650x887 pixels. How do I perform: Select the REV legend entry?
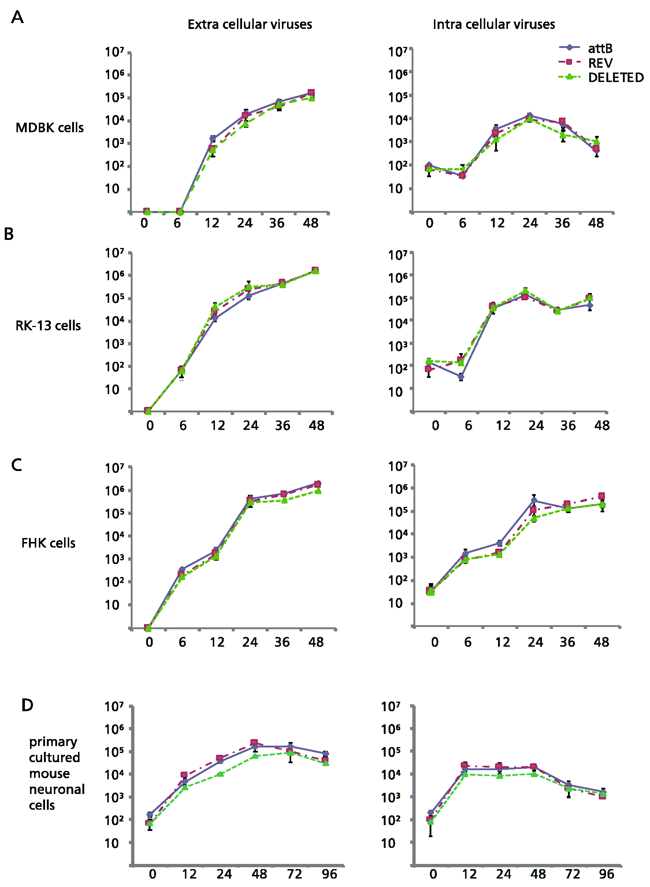tap(600, 63)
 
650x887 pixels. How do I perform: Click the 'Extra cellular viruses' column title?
tap(249, 25)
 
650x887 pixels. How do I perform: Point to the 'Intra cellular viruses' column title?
tap(493, 25)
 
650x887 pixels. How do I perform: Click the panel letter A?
tap(17, 17)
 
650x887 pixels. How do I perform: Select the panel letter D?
tap(27, 705)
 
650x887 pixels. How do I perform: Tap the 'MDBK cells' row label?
tap(49, 128)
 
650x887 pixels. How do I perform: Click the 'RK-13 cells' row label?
tap(48, 326)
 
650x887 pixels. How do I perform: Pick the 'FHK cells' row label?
tap(48, 543)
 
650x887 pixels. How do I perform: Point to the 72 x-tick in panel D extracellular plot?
tap(294, 874)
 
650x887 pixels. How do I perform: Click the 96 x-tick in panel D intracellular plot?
tap(606, 874)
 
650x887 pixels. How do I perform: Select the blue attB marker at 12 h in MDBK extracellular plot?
tap(213, 138)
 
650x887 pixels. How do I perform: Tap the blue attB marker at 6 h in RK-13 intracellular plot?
tap(461, 377)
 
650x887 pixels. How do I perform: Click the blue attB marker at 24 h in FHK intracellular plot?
tap(534, 500)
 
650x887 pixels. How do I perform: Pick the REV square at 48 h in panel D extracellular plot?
tap(254, 743)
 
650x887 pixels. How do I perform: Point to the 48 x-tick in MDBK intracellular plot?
tap(596, 223)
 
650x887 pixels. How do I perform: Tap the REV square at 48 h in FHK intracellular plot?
tap(602, 496)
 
